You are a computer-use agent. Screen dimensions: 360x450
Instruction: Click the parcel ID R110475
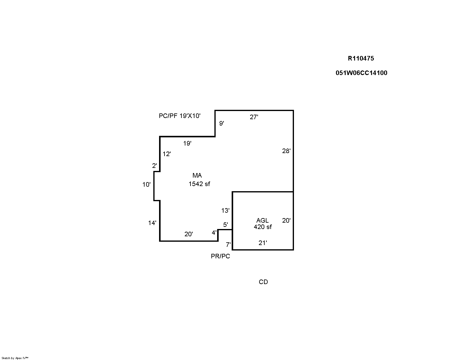361,58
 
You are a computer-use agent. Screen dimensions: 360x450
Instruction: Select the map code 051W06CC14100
361,73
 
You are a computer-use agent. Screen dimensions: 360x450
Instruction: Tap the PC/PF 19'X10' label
180,116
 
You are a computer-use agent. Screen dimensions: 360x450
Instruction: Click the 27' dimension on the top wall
254,117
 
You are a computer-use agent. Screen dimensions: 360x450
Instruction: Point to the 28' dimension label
286,151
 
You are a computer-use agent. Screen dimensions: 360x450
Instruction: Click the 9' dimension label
222,123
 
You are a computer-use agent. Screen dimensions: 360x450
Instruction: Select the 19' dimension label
187,143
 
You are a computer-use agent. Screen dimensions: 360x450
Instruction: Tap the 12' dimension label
167,154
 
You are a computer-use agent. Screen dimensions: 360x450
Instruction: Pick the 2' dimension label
155,166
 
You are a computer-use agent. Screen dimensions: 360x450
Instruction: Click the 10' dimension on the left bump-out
146,185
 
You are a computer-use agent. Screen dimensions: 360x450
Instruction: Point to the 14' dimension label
152,223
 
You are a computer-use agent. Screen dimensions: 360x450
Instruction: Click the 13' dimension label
225,211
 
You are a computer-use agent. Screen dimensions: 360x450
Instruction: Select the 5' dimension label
226,225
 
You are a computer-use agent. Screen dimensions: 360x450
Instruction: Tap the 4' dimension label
214,233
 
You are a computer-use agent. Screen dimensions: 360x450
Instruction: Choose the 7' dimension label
228,244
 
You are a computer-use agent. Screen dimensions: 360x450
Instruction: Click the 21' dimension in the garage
263,243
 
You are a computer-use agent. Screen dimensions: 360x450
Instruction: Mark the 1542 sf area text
199,184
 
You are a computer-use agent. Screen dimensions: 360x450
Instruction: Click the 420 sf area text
263,227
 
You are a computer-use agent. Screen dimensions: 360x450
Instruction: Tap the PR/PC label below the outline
220,257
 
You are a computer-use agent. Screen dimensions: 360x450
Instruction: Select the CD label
263,282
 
